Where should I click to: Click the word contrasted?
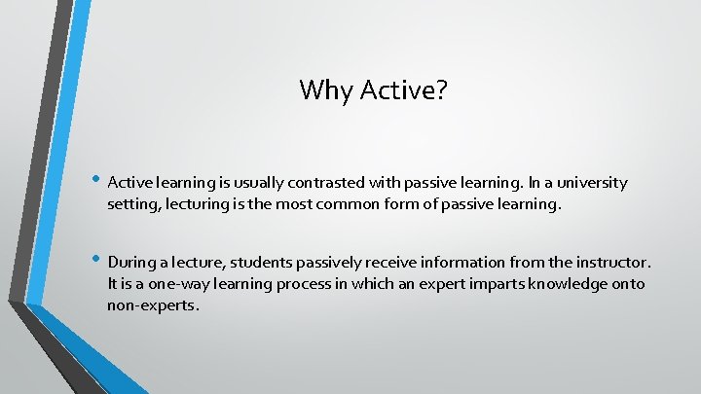tap(326, 183)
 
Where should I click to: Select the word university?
tap(594, 183)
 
